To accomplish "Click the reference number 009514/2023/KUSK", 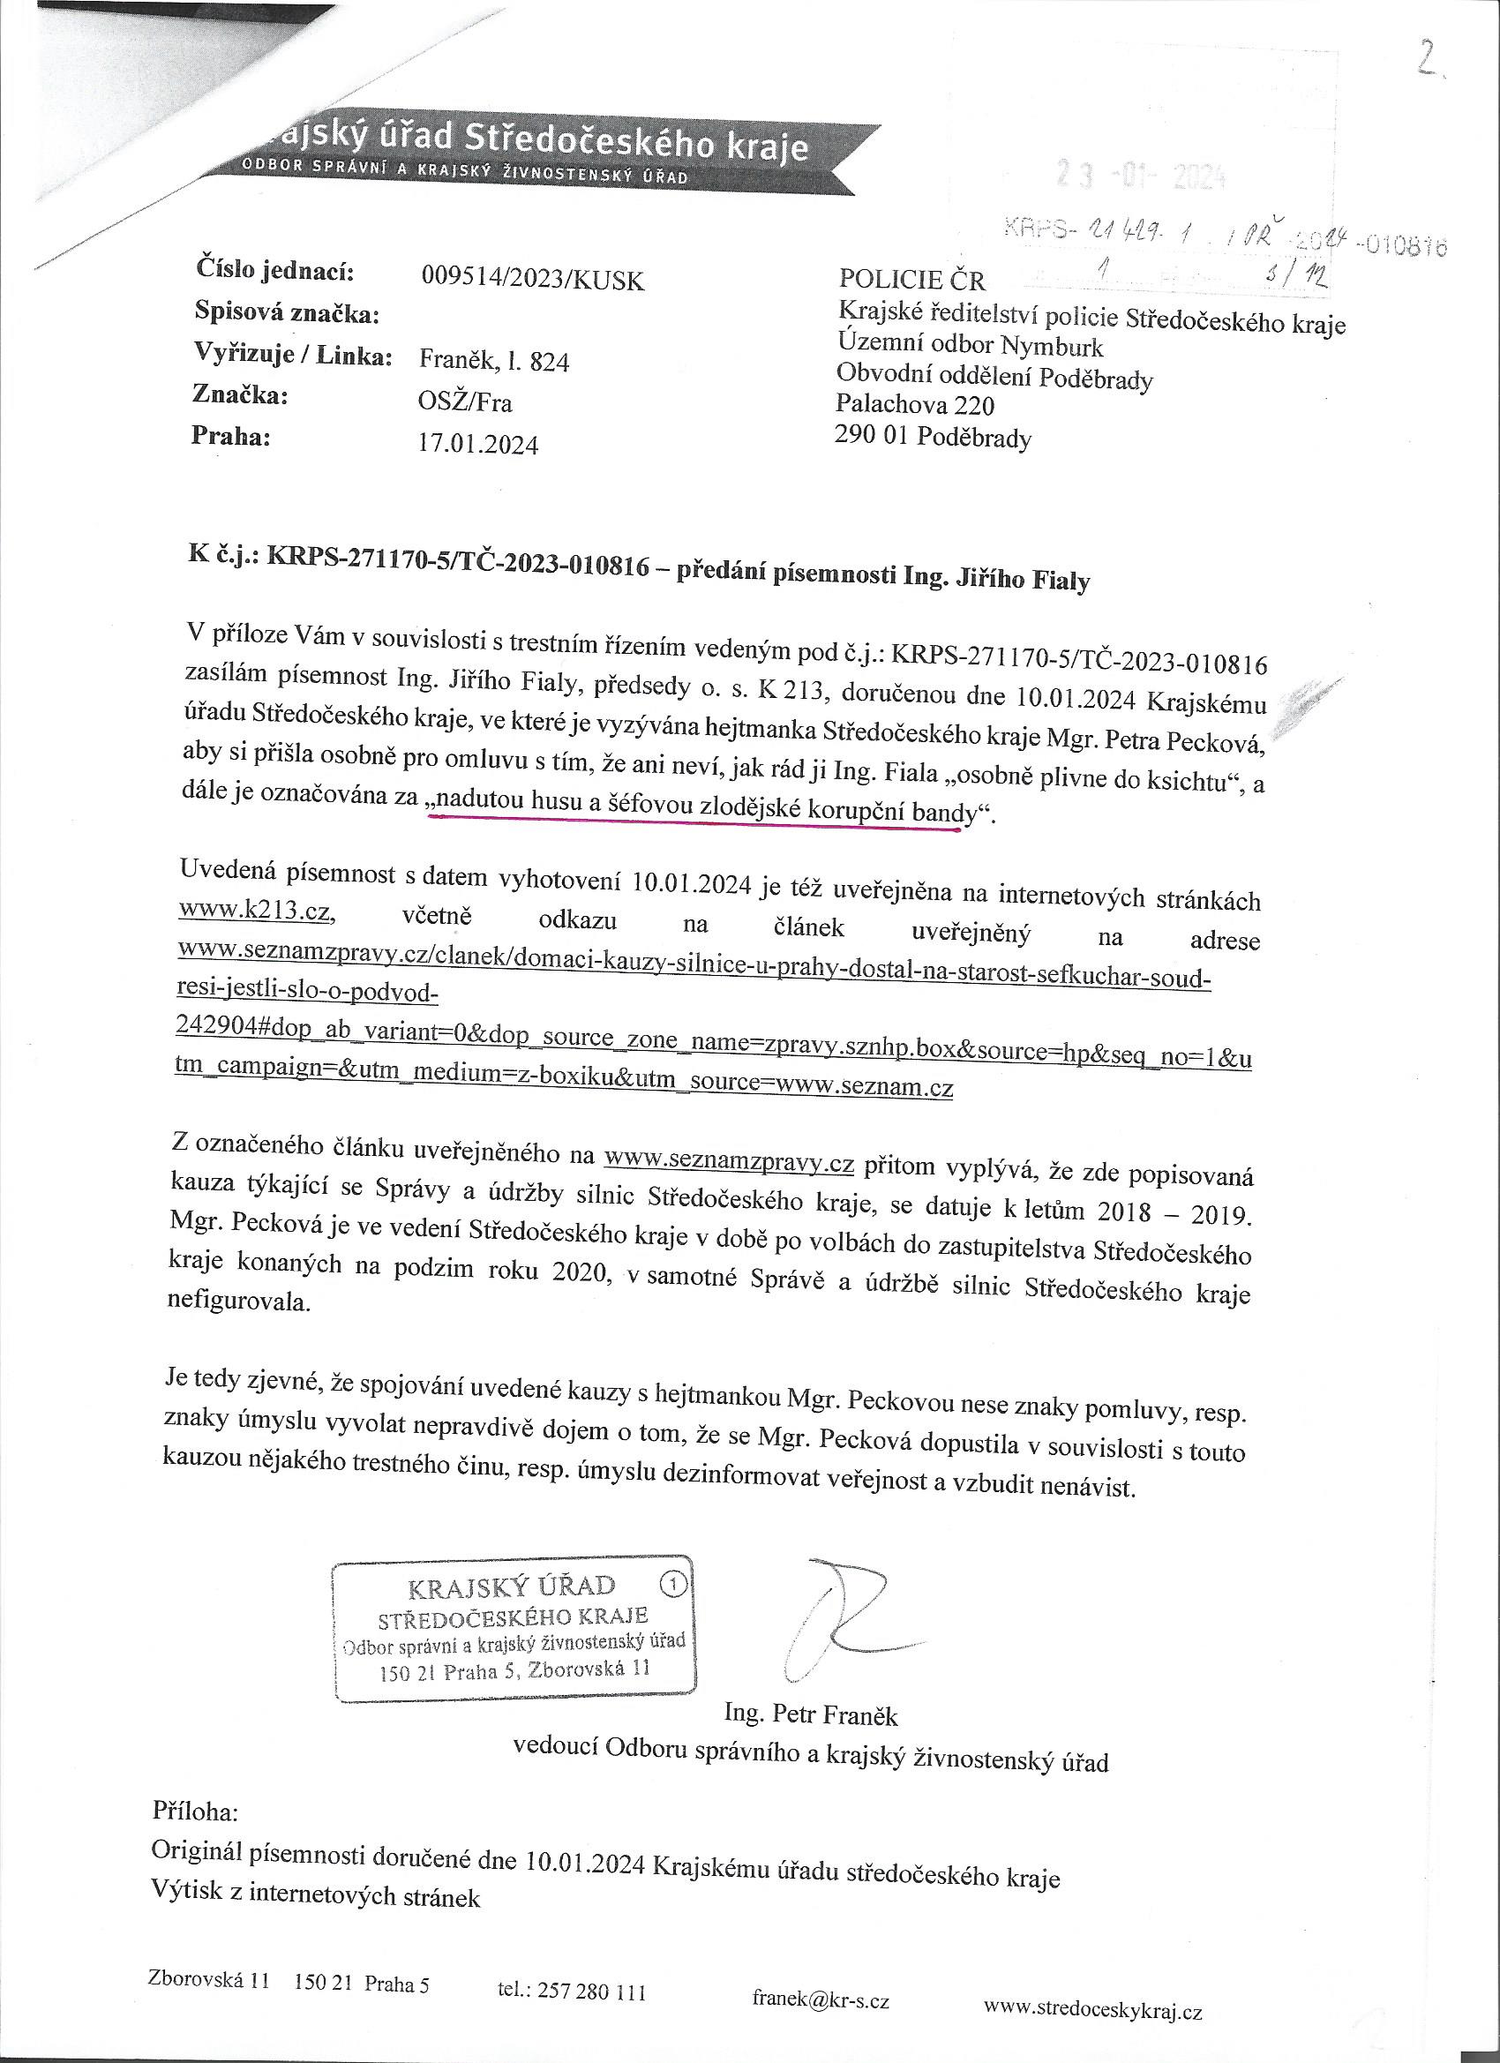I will pyautogui.click(x=533, y=278).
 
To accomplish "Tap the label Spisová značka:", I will pyautogui.click(x=287, y=315).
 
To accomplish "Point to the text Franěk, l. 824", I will pyautogui.click(x=494, y=362).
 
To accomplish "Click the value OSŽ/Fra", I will pyautogui.click(x=465, y=402).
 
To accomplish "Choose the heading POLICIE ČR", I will pyautogui.click(x=911, y=279).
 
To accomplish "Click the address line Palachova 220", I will pyautogui.click(x=915, y=405).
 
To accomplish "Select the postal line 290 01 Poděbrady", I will pyautogui.click(x=933, y=439).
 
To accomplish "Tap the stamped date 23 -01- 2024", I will pyautogui.click(x=1141, y=175).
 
